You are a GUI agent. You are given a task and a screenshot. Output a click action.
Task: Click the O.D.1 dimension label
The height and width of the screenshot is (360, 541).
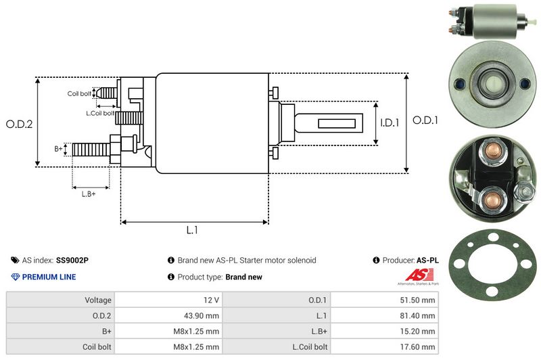click(x=426, y=121)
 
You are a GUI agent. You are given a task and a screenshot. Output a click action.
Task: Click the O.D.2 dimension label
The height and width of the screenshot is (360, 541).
click(x=20, y=124)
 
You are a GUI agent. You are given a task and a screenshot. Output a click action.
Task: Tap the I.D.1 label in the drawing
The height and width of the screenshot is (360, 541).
click(x=390, y=123)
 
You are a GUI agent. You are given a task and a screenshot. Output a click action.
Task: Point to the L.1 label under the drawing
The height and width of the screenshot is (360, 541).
click(x=192, y=230)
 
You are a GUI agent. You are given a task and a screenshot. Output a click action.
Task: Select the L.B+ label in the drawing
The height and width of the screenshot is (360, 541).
click(x=89, y=194)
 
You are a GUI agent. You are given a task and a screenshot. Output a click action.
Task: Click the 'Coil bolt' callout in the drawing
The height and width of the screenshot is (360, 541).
click(x=79, y=93)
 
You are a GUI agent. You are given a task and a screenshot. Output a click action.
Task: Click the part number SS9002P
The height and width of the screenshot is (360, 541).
click(x=72, y=260)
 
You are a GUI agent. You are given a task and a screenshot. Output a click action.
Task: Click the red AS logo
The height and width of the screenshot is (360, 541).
click(x=414, y=276)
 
